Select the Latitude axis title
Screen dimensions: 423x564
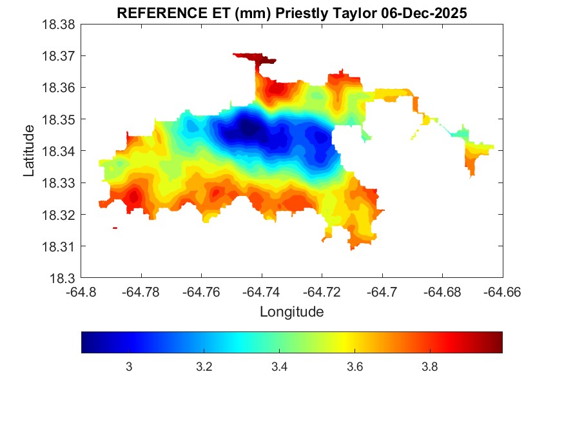[x=29, y=152]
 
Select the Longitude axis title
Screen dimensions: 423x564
[x=291, y=312]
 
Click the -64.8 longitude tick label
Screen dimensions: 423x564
[x=82, y=291]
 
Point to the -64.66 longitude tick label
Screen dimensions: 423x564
[x=502, y=291]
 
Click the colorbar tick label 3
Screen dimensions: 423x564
[x=129, y=367]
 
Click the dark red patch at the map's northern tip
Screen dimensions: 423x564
[x=257, y=59]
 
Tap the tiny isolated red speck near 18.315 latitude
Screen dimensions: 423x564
[x=115, y=228]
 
